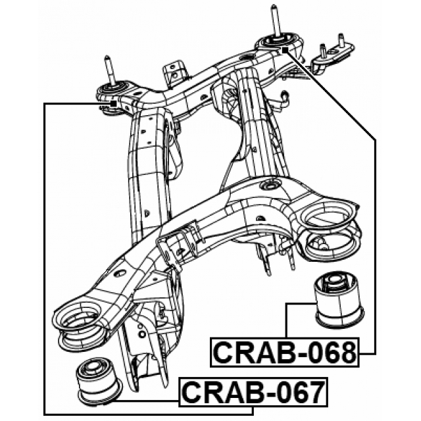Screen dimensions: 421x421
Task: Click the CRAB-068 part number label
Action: [x=284, y=353]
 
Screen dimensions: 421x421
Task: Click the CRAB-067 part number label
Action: [x=253, y=393]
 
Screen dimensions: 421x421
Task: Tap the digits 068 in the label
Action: [x=329, y=353]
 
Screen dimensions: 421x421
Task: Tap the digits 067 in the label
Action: [x=298, y=393]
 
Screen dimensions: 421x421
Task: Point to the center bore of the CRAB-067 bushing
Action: [x=96, y=364]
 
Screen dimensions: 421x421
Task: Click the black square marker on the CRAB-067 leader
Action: [x=113, y=103]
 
